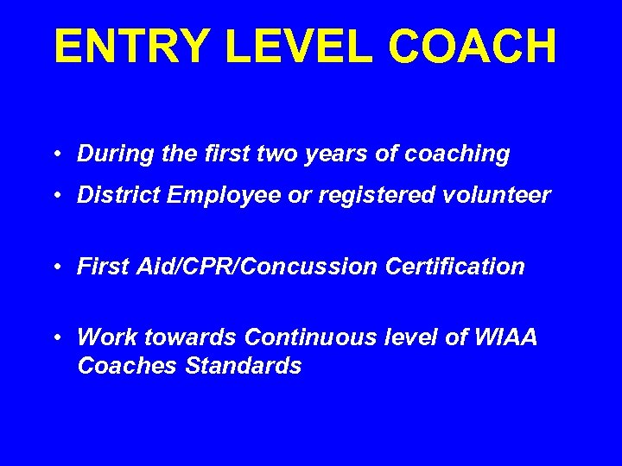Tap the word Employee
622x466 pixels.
tap(223, 196)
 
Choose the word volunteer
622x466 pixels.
tap(500, 196)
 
